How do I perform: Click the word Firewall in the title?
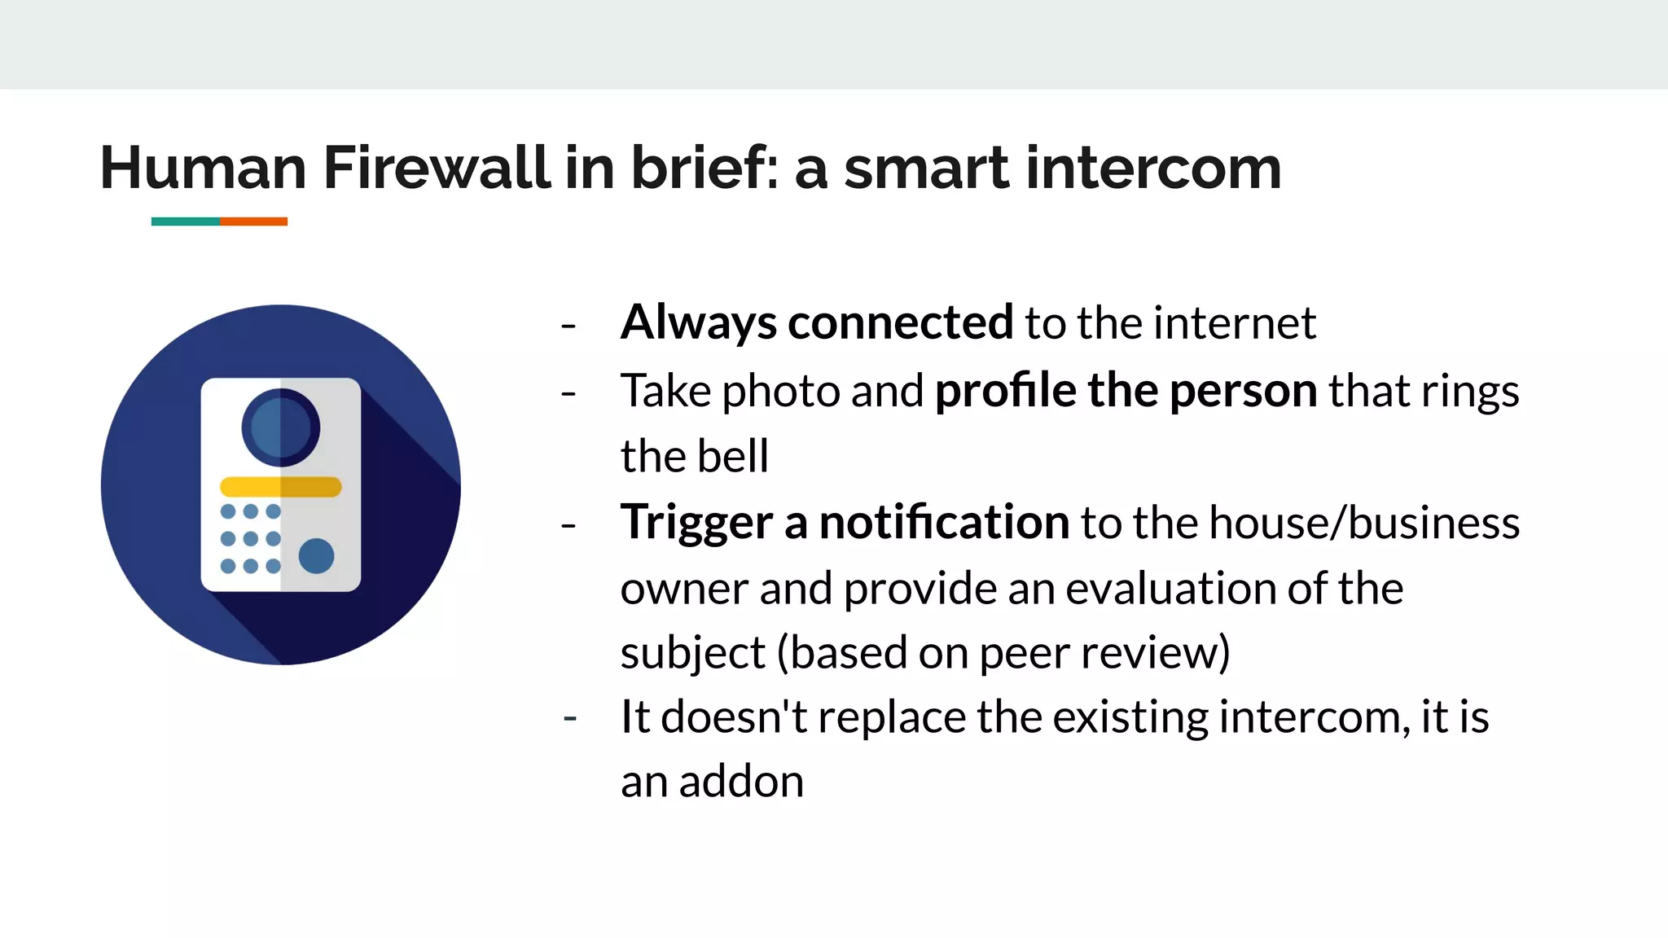point(437,168)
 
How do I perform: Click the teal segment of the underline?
point(186,221)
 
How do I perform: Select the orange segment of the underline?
point(253,221)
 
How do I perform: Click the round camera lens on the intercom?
point(281,427)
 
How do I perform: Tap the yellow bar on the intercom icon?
point(281,487)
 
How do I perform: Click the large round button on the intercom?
point(316,556)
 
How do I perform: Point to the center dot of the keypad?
point(251,539)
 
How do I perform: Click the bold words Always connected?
point(817,322)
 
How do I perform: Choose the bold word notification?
point(944,522)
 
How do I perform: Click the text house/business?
point(1364,522)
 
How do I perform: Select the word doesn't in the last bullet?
point(733,717)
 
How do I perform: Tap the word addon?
point(741,782)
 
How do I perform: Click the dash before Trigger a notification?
point(568,525)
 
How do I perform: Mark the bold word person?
point(1243,391)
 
